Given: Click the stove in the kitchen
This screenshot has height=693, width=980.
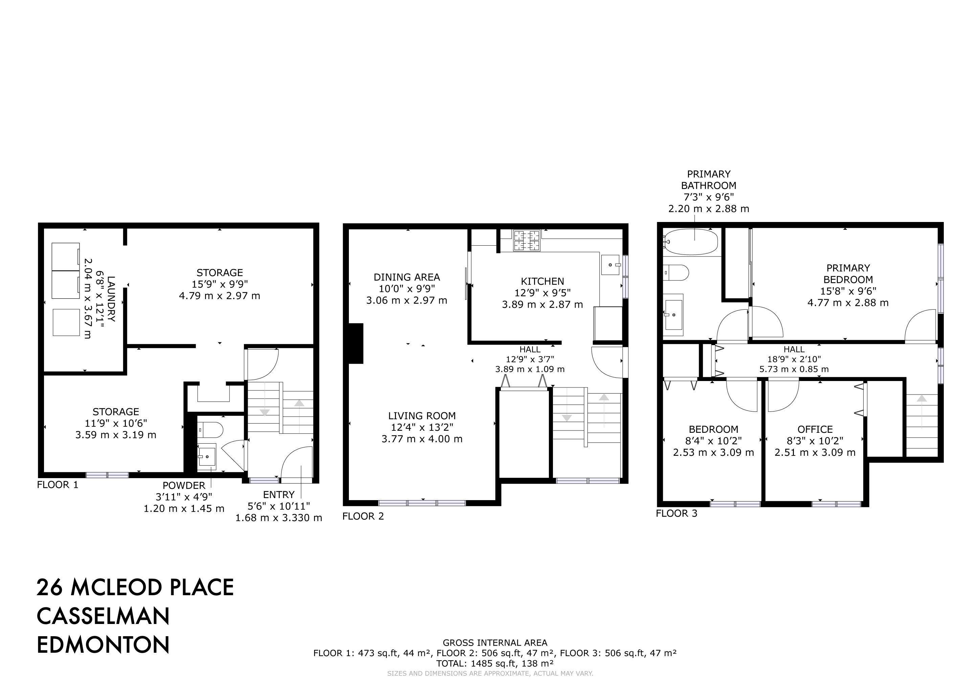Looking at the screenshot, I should pos(527,240).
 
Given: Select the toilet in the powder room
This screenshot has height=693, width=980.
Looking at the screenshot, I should pos(211,429).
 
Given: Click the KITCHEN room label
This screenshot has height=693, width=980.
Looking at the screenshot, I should pos(542,281).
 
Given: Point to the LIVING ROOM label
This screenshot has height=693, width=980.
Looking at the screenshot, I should pos(422,416).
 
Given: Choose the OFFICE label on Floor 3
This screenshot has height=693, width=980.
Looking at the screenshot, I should pos(815,429).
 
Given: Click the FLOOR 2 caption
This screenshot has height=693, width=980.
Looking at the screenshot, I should pos(363,516).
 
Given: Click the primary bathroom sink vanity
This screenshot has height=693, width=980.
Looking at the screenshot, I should pos(673,314).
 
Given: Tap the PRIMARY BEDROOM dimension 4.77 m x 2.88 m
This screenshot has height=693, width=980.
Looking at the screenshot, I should pos(848,303).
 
